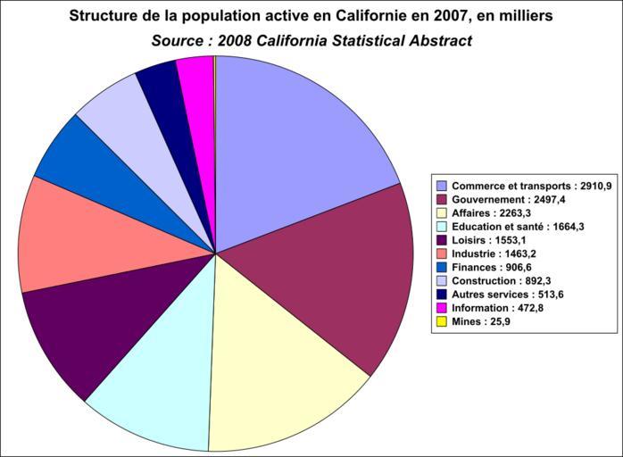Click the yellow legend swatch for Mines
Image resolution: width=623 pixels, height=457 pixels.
(x=441, y=322)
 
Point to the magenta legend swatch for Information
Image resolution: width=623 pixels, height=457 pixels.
(x=441, y=309)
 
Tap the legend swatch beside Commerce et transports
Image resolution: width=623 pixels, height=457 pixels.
(x=441, y=186)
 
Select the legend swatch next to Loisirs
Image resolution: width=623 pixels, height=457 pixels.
(x=441, y=240)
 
